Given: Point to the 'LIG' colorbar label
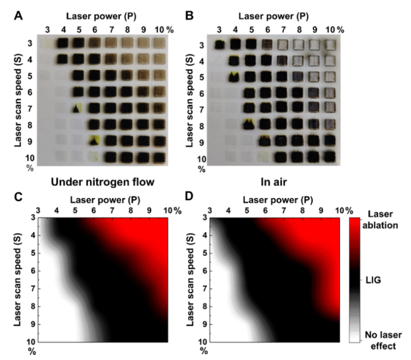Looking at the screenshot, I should click(x=377, y=280).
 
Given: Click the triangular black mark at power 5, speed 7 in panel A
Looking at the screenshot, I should click(x=77, y=108).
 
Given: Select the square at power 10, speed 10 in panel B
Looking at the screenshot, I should click(x=330, y=156).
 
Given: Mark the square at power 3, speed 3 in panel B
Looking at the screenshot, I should click(x=220, y=45).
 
